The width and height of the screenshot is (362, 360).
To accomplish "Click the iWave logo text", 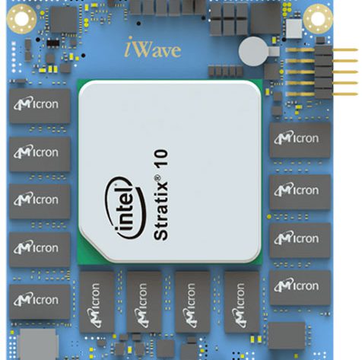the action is pyautogui.click(x=153, y=48).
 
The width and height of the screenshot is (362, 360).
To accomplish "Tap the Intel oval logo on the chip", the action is pyautogui.click(x=125, y=208).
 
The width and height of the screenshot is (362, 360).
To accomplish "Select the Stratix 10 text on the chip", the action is pyautogui.click(x=160, y=195).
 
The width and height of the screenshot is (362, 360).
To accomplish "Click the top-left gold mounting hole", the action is pyautogui.click(x=21, y=19).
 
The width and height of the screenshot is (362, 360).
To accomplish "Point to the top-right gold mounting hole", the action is pyautogui.click(x=318, y=19).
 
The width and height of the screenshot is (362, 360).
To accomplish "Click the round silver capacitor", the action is pyautogui.click(x=253, y=52).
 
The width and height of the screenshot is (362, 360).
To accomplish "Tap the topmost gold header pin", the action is pyautogui.click(x=322, y=50).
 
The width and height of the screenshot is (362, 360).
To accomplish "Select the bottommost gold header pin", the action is pyautogui.click(x=322, y=94).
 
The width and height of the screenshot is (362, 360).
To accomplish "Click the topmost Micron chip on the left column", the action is pyautogui.click(x=40, y=106).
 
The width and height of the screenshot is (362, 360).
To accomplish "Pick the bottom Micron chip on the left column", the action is pyautogui.click(x=40, y=301).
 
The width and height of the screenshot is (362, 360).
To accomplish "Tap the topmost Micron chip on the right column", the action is pyautogui.click(x=300, y=140).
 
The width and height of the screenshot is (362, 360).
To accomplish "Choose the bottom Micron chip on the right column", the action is pyautogui.click(x=300, y=288).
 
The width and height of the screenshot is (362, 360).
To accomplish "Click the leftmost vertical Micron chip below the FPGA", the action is pyautogui.click(x=97, y=302).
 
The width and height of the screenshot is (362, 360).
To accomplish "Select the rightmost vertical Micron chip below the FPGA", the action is pyautogui.click(x=242, y=302).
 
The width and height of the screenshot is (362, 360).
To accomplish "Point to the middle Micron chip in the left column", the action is pyautogui.click(x=40, y=202).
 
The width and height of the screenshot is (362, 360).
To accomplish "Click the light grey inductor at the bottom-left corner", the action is pyautogui.click(x=38, y=344).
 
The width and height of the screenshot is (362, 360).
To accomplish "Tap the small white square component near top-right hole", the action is pyautogui.click(x=294, y=29).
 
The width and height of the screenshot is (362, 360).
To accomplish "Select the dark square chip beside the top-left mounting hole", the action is pyautogui.click(x=64, y=19).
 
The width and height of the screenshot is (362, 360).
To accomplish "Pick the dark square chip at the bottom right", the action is pyautogui.click(x=287, y=336).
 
